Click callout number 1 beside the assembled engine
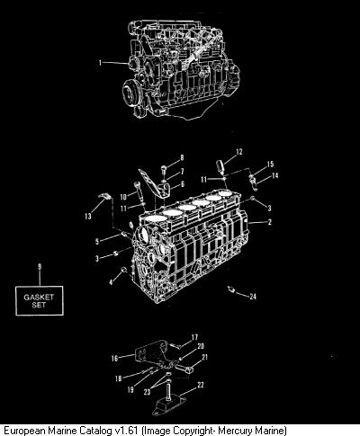101,63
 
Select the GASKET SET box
40,300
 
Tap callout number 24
253,296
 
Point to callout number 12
239,152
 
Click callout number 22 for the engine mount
201,385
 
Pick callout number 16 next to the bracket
114,358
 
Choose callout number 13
88,216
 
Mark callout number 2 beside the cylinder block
270,222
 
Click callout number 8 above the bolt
182,157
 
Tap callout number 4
111,282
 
